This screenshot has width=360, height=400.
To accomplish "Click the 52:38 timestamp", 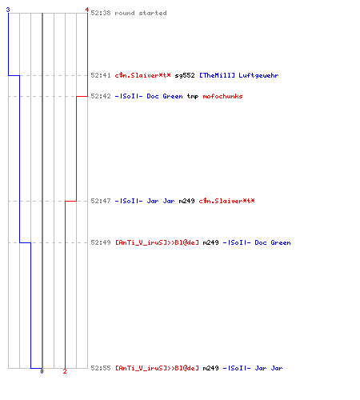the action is (101, 13).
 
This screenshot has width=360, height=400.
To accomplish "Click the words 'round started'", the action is (141, 13).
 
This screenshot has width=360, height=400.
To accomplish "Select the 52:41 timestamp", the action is (101, 75).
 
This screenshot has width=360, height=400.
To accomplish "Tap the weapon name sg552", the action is (185, 75).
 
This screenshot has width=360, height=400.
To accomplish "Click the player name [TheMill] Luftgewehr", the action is (239, 75).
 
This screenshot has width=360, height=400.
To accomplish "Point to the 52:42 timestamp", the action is (101, 96).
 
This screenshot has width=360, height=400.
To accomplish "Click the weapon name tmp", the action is (193, 96).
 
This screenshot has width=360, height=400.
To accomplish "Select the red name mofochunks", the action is (222, 96).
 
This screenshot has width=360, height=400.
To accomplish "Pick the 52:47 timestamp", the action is (101, 201).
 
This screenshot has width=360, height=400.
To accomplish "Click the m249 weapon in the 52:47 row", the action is (186, 201).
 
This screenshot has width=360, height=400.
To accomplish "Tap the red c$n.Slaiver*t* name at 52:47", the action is (226, 201).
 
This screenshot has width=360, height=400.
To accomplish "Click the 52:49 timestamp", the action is (101, 242).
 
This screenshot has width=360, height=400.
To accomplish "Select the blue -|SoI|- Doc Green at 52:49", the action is (257, 242).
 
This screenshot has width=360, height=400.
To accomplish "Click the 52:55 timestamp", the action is (101, 368).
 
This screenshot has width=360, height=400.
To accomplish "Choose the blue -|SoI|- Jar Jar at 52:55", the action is (253, 368).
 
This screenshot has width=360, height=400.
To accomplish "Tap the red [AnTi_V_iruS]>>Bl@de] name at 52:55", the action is (157, 368).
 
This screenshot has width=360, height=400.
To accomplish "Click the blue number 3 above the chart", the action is (8, 10).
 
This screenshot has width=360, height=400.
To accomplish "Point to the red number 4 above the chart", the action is (87, 10).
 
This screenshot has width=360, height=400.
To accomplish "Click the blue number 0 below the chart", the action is (42, 371).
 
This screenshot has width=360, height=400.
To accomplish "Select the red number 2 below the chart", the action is (65, 371).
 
